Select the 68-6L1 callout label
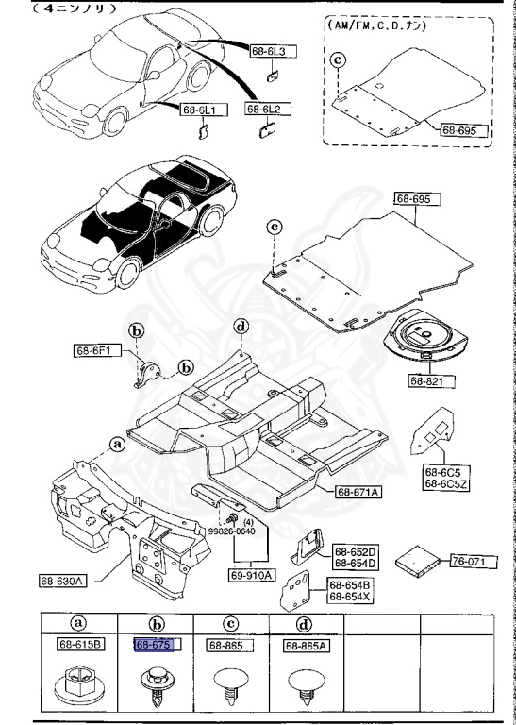199,110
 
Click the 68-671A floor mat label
358,492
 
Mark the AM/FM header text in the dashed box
376,26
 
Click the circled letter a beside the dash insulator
117,443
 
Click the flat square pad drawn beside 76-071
415,559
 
